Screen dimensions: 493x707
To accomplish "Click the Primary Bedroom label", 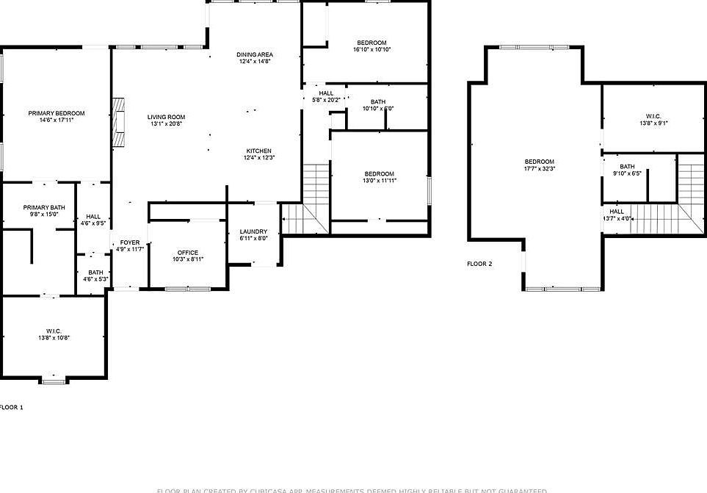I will click(57, 113).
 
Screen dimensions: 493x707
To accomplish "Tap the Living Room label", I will click(166, 117).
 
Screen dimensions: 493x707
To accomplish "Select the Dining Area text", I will click(255, 55).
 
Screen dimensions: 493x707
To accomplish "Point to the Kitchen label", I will click(259, 151).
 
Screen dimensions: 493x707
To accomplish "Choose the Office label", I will click(188, 252).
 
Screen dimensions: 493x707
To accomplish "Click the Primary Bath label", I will click(44, 207).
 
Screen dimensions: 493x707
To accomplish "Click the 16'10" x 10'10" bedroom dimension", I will click(372, 50).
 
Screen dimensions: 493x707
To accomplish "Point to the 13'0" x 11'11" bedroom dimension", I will click(380, 181).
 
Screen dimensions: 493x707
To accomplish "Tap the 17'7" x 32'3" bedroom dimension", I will click(540, 169).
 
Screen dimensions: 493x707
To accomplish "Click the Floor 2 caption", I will click(479, 263).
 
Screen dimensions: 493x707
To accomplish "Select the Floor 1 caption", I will click(11, 406).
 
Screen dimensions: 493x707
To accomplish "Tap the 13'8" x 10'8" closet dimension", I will click(54, 338).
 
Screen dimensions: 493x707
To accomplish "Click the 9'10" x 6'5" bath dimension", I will click(627, 174).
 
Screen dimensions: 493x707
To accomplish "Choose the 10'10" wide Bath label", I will click(378, 101).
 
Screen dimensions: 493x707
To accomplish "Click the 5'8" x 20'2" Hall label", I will click(326, 93).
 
